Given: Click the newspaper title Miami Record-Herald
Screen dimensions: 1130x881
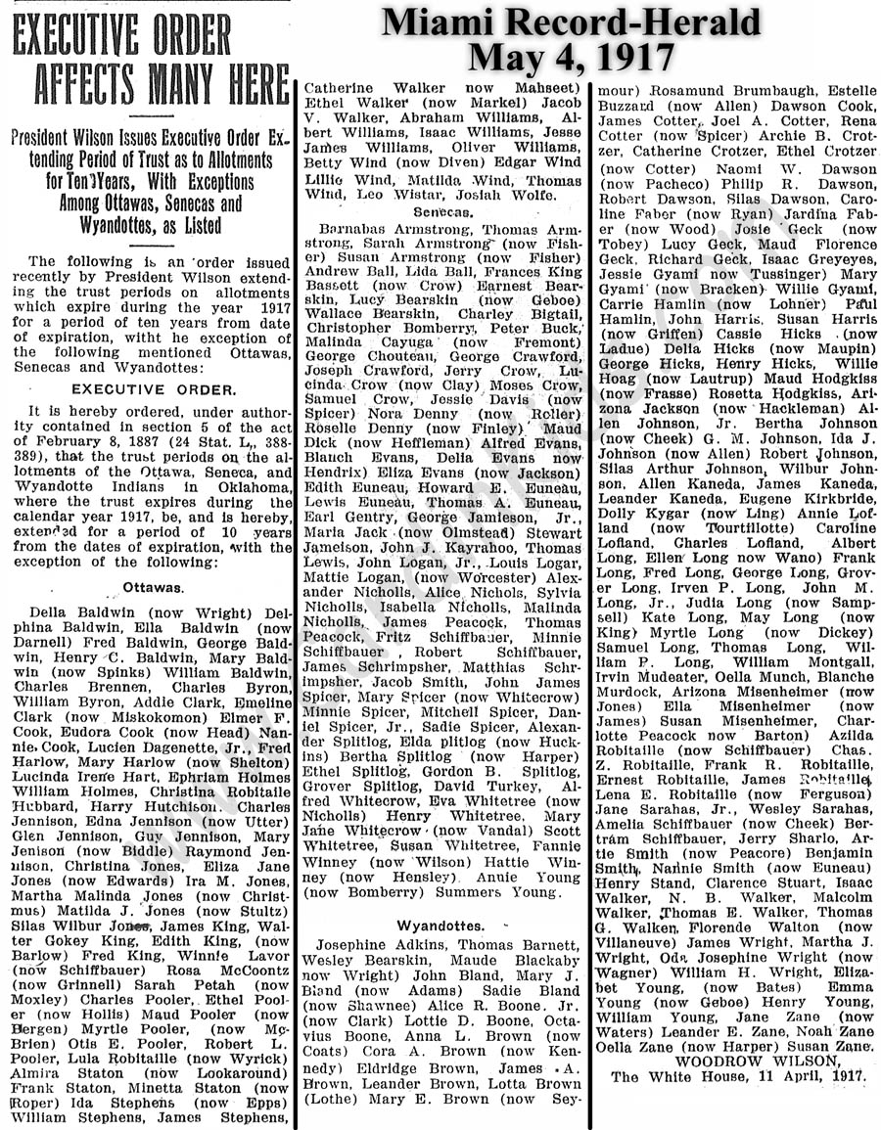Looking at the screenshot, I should point(571,22).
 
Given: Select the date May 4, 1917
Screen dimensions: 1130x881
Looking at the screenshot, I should point(571,58).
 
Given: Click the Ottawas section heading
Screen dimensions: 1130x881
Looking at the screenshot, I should point(154,587).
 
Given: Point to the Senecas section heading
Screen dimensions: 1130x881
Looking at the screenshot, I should point(443,211).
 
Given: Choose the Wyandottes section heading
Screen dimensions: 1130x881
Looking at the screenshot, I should point(440,925).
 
